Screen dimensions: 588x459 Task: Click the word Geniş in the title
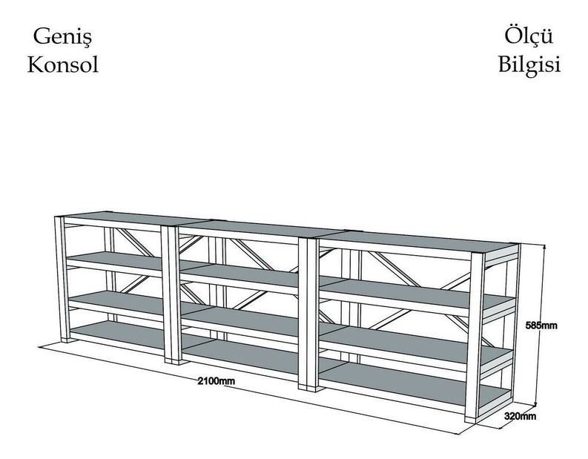coord(62,37)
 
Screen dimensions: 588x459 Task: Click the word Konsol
coord(62,65)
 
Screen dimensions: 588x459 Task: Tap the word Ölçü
coord(529,36)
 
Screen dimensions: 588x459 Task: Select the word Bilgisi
coord(529,65)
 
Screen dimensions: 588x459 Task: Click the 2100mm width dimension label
coord(217,381)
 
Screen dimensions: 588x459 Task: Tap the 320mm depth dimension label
coord(520,416)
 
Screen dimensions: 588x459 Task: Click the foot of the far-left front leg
coord(67,340)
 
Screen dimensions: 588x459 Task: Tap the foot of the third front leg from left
coord(308,388)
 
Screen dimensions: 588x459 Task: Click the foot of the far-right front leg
coord(470,420)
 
